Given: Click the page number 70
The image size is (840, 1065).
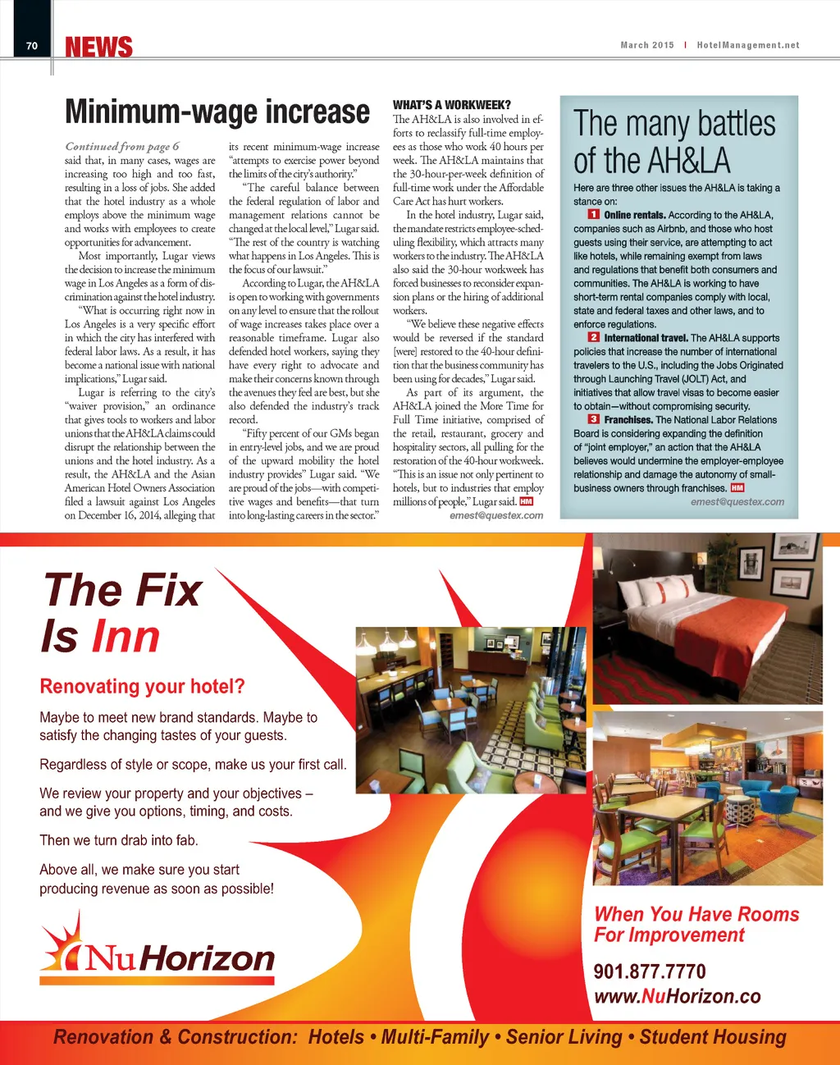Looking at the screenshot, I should pyautogui.click(x=32, y=46).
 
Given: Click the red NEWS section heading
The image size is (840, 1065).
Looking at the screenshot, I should pyautogui.click(x=98, y=48).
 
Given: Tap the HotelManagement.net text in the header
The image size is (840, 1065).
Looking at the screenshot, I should pyautogui.click(x=747, y=45).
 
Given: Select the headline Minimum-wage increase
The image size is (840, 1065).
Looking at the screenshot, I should pyautogui.click(x=217, y=112).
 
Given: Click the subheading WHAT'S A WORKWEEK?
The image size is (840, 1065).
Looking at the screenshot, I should pyautogui.click(x=451, y=105).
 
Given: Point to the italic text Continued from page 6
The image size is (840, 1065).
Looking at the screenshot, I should pyautogui.click(x=121, y=146).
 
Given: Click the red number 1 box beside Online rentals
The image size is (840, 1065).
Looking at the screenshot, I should pyautogui.click(x=594, y=215).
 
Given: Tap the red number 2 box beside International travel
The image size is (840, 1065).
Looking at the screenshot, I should pyautogui.click(x=594, y=337).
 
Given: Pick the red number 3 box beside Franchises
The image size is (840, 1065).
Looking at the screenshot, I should pyautogui.click(x=594, y=419).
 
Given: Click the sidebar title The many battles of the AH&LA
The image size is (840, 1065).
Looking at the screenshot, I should pyautogui.click(x=673, y=142).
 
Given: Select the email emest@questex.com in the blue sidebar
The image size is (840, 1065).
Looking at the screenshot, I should pyautogui.click(x=737, y=501).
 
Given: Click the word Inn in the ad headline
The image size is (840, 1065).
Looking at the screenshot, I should pyautogui.click(x=126, y=636).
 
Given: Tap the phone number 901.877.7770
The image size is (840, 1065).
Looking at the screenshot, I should pyautogui.click(x=649, y=971).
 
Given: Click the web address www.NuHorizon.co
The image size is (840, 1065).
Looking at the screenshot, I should pyautogui.click(x=677, y=996).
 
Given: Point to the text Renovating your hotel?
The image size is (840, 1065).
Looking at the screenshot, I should pyautogui.click(x=142, y=686).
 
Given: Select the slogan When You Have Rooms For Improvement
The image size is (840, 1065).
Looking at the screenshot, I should pyautogui.click(x=696, y=925).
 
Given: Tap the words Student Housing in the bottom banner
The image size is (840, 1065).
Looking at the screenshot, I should pyautogui.click(x=712, y=1037).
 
